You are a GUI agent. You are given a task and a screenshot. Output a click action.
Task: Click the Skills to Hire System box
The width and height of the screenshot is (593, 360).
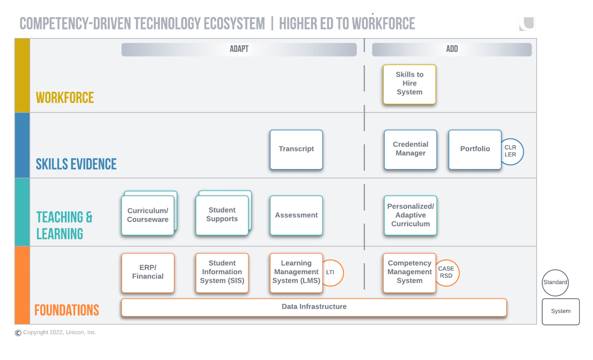(409, 84)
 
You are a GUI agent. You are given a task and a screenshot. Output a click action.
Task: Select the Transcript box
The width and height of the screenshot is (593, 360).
(296, 149)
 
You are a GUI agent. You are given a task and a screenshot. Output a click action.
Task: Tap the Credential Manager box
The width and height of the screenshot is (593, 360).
(410, 149)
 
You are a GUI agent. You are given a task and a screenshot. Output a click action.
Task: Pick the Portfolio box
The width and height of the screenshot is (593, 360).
(475, 149)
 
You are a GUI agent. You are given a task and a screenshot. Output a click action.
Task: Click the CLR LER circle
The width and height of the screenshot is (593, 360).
(512, 151)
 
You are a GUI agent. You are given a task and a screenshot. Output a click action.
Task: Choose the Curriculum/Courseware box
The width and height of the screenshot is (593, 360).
(148, 215)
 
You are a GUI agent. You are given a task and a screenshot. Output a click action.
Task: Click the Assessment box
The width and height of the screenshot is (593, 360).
(296, 215)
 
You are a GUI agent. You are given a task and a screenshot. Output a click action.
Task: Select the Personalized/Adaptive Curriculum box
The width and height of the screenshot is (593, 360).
(410, 215)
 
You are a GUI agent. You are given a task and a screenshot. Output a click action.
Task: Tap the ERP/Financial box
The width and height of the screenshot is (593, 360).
(148, 273)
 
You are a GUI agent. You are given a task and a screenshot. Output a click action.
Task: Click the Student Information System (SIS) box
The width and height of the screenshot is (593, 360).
(222, 273)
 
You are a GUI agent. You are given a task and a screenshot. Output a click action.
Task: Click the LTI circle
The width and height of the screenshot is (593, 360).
(333, 273)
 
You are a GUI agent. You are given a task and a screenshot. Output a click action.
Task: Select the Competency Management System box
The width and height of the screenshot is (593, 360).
(409, 273)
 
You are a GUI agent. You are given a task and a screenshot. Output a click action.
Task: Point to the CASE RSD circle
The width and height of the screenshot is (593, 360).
(448, 273)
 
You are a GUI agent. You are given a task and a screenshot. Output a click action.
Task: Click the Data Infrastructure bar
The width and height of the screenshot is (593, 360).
(314, 307)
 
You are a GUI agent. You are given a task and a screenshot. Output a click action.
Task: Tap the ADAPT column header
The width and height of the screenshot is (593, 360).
(239, 49)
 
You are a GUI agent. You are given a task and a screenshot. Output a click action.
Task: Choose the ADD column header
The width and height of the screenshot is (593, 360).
(452, 49)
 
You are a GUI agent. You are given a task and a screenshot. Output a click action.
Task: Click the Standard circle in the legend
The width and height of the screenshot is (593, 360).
(555, 282)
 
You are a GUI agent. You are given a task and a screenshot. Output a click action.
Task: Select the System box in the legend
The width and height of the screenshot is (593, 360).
(561, 312)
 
